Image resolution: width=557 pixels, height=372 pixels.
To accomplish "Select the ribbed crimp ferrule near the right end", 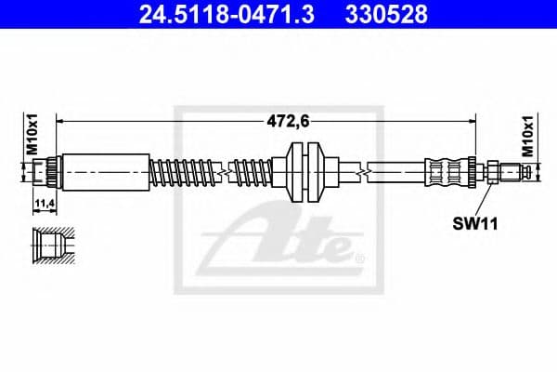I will pyautogui.click(x=450, y=171).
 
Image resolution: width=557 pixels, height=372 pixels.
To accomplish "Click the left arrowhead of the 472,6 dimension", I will pyautogui.click(x=61, y=120).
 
